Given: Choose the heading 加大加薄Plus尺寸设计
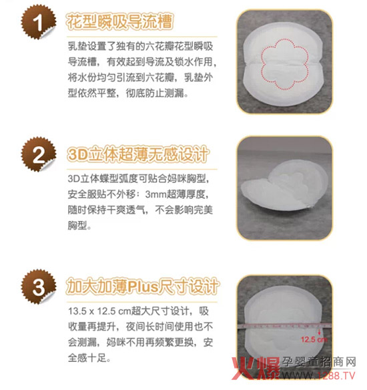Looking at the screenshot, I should click(x=143, y=287).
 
